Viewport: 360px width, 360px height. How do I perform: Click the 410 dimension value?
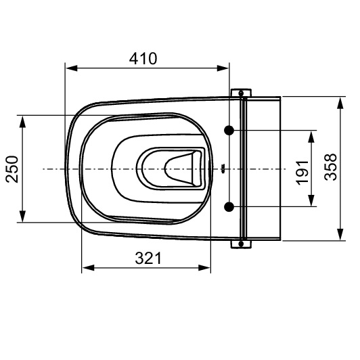point(143,59)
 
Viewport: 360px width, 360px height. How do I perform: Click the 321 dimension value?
point(148,258)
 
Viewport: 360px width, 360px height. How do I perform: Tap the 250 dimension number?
point(12,169)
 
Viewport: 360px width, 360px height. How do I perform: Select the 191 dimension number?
point(302,173)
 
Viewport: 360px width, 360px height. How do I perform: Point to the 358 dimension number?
point(331,167)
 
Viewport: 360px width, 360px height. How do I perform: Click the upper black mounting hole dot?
point(229,130)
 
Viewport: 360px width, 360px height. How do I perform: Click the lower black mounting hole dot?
point(229,206)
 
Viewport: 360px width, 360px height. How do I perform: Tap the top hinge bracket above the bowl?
point(241,93)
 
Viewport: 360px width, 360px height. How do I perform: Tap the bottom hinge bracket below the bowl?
point(241,244)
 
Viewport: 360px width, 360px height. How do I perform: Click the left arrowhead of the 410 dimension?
point(72,68)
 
